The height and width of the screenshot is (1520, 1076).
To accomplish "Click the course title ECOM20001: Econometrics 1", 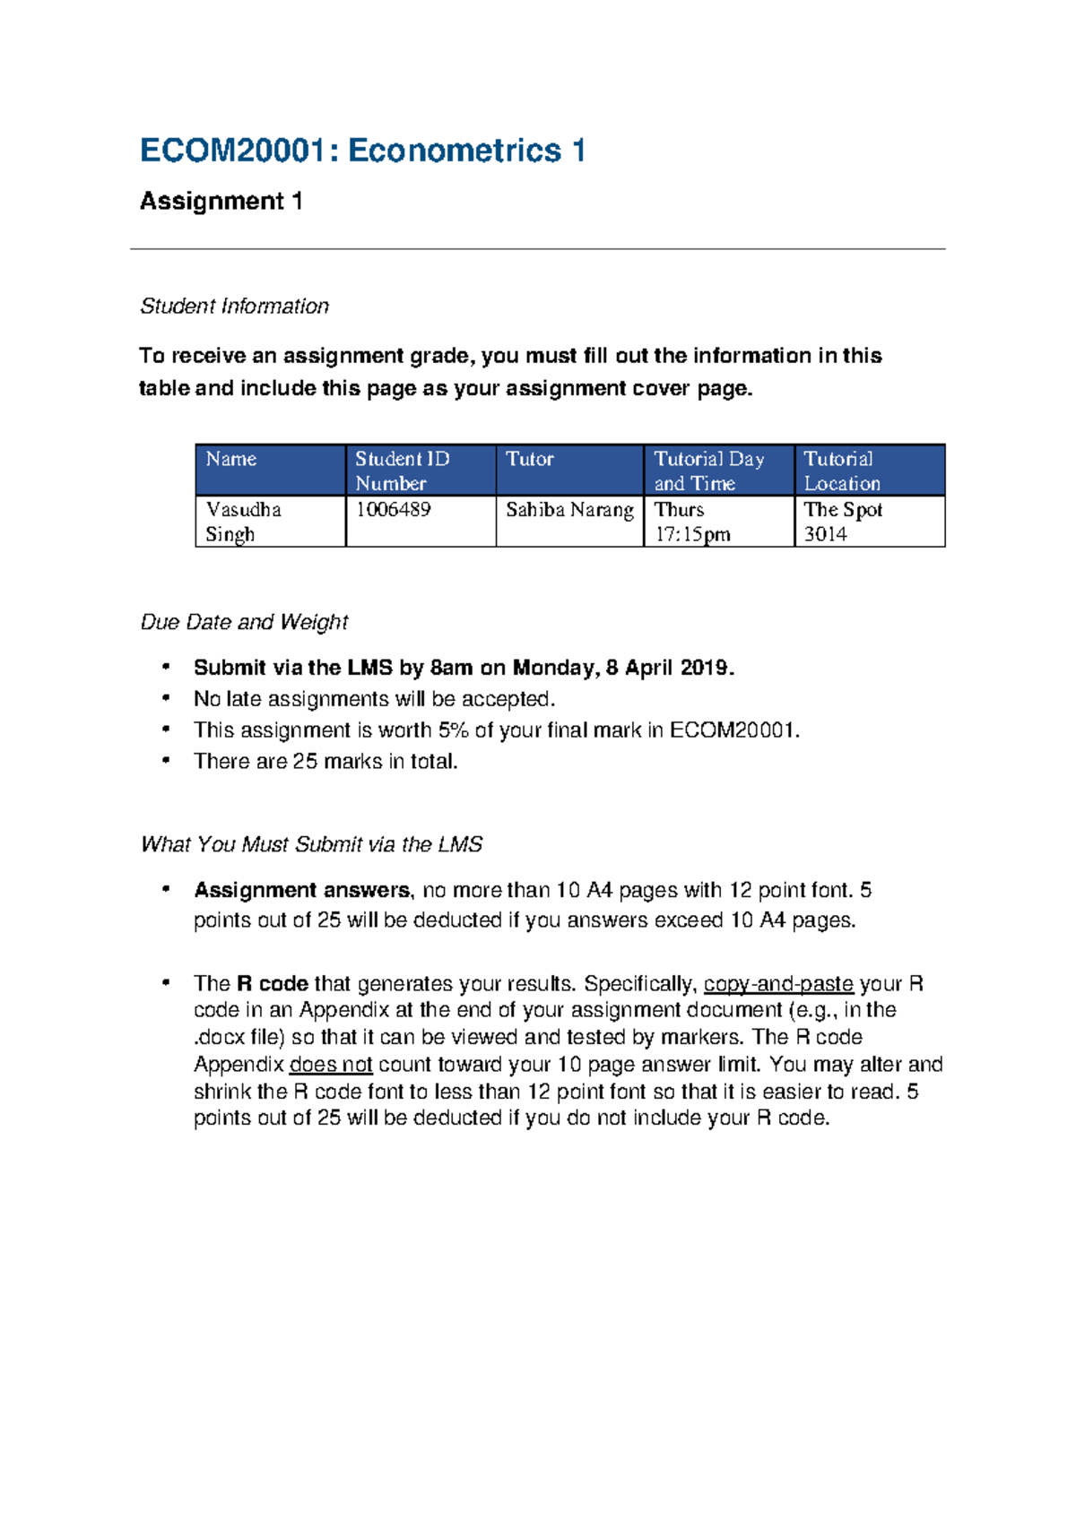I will pos(363,151).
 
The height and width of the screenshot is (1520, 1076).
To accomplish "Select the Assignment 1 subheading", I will pos(221,201).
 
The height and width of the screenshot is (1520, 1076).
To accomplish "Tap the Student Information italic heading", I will pos(234,307).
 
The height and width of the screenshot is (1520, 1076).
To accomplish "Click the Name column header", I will pos(231,459).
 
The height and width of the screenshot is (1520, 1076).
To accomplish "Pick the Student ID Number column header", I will pos(402,471).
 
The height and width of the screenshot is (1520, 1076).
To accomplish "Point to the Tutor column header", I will pos(529,459).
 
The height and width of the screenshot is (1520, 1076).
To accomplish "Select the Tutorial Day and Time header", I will pos(708,471).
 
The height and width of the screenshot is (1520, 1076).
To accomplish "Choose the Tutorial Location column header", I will pos(841,471).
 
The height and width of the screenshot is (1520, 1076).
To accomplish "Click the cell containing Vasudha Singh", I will pos(243,522).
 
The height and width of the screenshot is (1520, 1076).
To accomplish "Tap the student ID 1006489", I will pos(393,509).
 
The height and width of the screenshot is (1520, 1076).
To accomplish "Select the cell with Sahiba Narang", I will pos(569,510).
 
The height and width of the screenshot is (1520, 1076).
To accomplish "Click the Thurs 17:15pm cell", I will pos(692,522).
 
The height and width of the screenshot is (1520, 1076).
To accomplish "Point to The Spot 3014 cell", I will pos(843,522).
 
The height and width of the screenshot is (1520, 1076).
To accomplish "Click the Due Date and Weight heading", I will pos(244,622).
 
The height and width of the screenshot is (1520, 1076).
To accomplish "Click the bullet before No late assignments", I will pos(165,697).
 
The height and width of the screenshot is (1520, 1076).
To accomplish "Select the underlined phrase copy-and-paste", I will pos(778,984).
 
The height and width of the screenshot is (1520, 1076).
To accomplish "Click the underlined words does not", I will pos(331,1065).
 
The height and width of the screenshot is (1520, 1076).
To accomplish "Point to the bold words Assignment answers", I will pos(301,890).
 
